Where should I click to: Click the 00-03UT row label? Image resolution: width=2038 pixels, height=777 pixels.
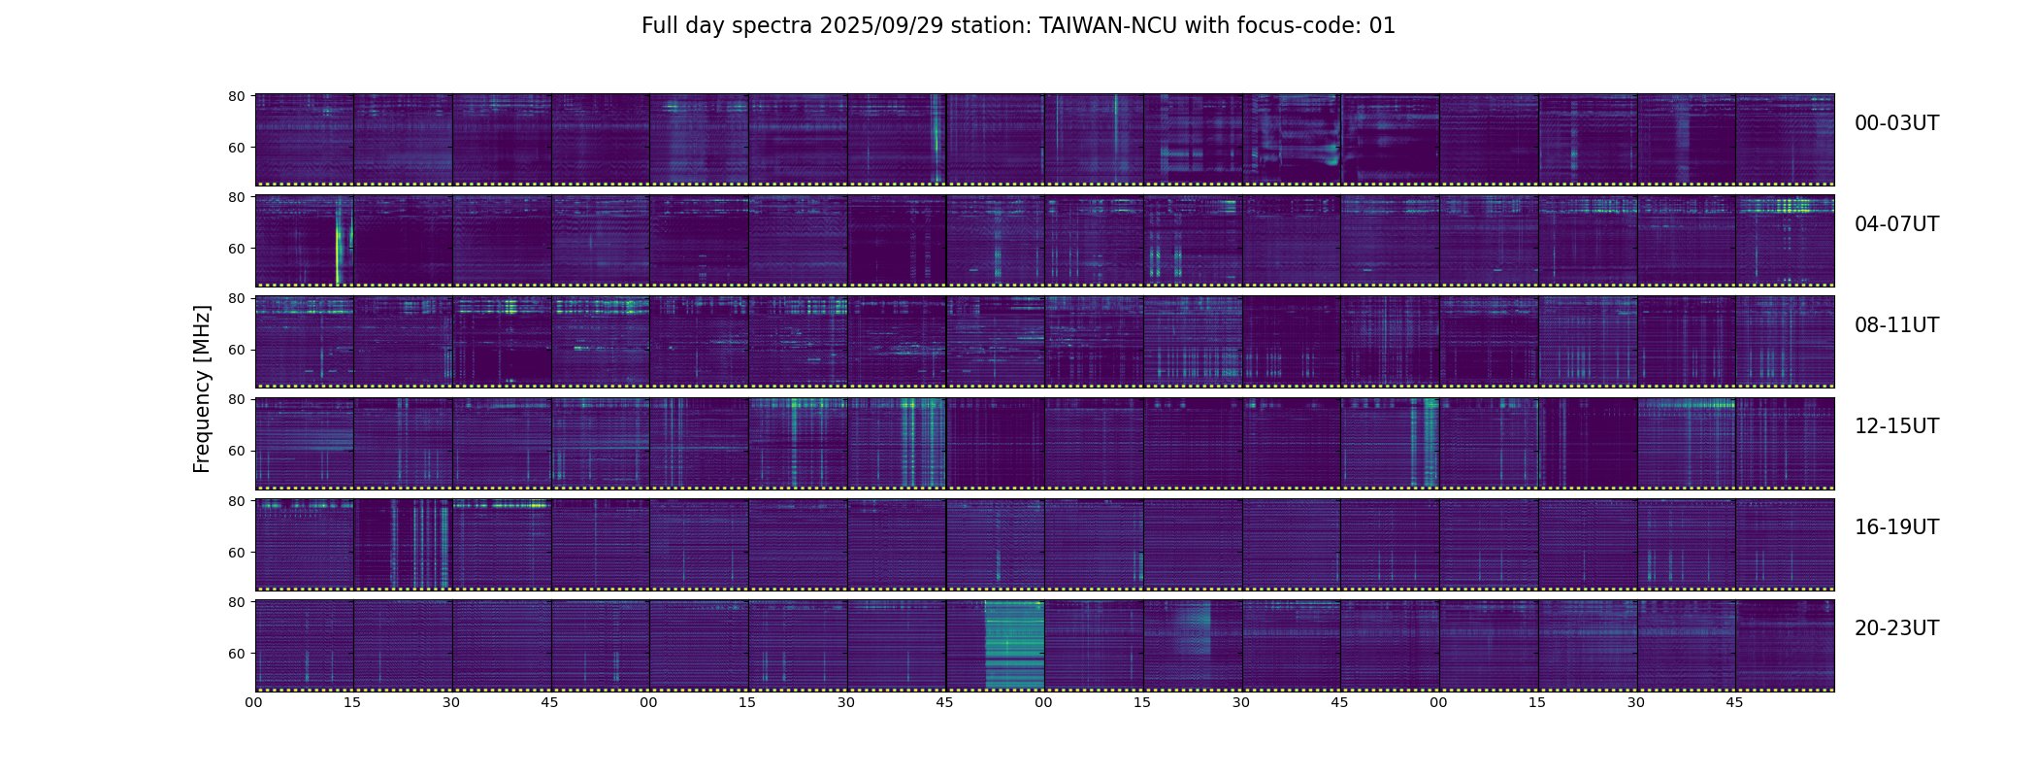coord(1896,123)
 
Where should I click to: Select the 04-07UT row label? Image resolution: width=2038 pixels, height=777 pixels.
coord(1896,224)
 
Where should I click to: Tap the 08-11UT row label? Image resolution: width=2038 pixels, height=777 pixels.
coord(1896,325)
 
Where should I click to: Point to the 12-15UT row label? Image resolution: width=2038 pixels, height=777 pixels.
coord(1896,426)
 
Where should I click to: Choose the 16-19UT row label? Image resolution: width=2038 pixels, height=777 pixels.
coord(1896,527)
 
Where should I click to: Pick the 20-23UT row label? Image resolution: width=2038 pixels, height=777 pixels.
coord(1896,628)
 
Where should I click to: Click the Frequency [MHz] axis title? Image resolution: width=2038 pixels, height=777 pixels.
coord(202,388)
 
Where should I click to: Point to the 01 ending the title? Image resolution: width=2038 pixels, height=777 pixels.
coord(1382,26)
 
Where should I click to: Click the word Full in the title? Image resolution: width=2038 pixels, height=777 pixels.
coord(660,26)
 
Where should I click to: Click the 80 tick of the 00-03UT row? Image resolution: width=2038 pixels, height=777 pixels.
coord(236,96)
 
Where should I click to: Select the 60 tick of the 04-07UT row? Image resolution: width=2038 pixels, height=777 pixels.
coord(236,249)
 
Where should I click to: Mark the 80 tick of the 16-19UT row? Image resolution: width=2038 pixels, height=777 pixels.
coord(236,501)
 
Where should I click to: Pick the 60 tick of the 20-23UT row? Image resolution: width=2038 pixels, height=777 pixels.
coord(236,654)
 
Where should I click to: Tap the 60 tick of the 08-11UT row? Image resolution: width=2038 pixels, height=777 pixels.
coord(236,350)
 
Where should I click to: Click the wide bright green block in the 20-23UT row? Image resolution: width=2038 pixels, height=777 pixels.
coord(1014,645)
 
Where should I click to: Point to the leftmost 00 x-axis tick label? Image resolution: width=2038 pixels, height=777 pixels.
coord(254,702)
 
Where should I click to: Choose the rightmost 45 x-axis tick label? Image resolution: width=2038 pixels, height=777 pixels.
coord(1734,702)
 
